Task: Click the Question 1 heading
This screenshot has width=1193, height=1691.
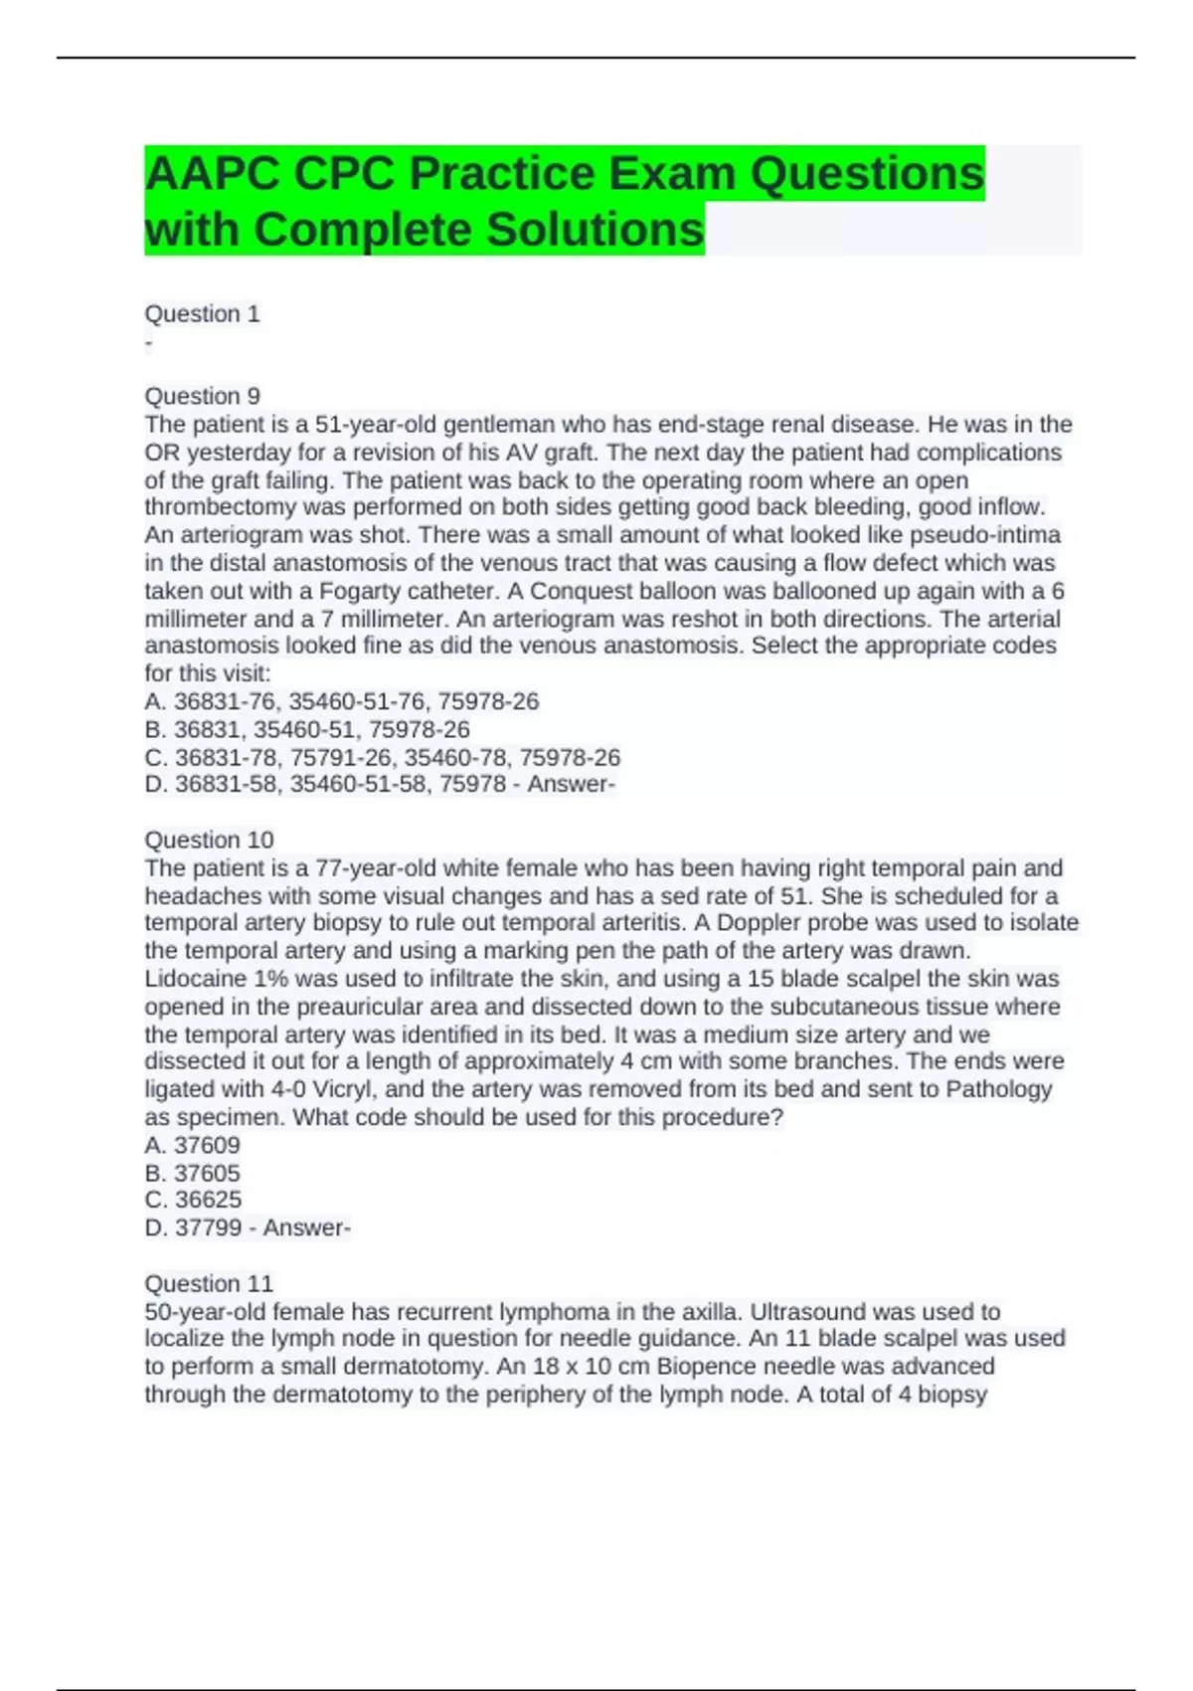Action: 202,314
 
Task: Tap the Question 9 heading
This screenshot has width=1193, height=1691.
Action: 202,396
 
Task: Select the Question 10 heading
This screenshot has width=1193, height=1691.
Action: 209,840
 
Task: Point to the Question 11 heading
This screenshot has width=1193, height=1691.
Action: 209,1283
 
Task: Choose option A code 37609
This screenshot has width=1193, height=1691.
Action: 193,1145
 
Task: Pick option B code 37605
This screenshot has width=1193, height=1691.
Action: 193,1173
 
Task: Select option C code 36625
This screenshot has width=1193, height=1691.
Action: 193,1200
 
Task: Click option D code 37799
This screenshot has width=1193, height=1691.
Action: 194,1227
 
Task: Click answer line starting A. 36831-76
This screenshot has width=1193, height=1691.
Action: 341,701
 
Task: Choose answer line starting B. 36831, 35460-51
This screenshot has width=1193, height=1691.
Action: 307,729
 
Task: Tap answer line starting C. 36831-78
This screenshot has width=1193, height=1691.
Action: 382,757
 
